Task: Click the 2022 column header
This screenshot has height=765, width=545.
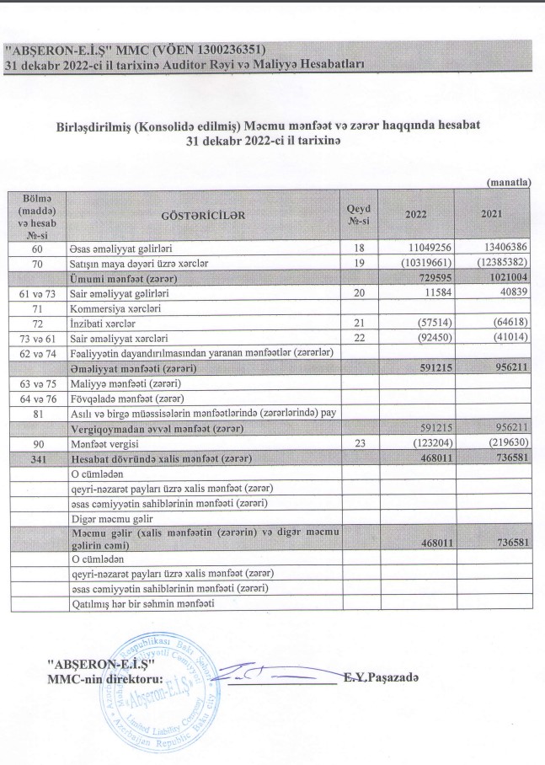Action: pos(416,214)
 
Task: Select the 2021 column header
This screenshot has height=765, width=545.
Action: pos(492,214)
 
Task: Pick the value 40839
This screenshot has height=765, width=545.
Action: pos(511,292)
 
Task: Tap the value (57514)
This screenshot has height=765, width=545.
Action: pos(433,322)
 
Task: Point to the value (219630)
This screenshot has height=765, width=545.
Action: pos(505,442)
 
